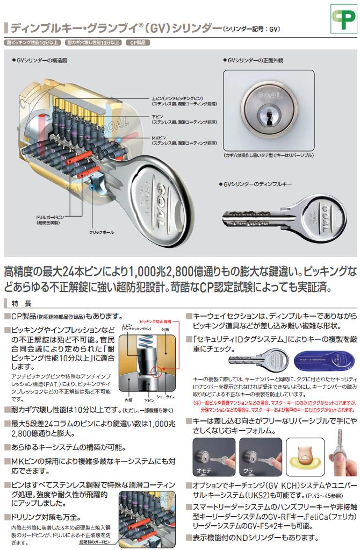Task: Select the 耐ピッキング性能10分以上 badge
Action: (x=33, y=42)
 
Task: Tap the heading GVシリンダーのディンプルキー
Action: (x=260, y=184)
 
